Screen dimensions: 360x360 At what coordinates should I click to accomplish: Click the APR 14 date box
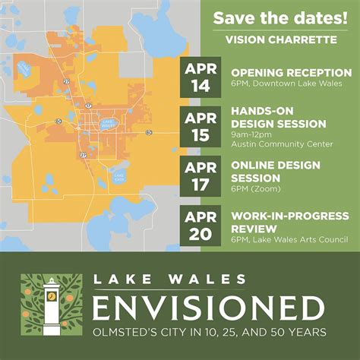click(x=201, y=77)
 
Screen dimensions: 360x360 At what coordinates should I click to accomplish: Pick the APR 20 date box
click(x=201, y=226)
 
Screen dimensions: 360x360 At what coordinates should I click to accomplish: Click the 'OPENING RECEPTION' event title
click(x=291, y=72)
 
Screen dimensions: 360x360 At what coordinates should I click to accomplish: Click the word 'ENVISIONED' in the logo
click(x=207, y=308)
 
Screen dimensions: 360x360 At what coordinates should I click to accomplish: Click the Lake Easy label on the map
click(x=118, y=176)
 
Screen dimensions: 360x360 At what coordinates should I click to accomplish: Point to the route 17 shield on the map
click(x=89, y=106)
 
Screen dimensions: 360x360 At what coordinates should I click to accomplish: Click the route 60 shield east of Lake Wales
click(x=150, y=133)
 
